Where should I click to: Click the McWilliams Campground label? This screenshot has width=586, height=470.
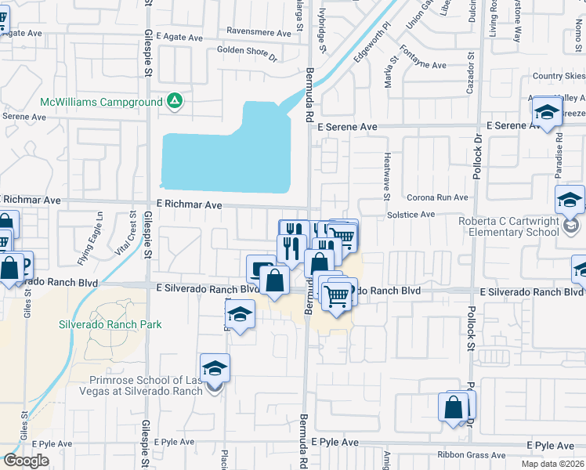click(101, 102)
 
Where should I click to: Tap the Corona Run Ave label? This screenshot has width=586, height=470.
click(436, 198)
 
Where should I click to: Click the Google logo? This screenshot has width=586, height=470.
click(26, 461)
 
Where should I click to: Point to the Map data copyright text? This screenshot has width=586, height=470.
click(553, 464)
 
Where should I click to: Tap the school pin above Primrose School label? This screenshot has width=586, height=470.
click(215, 367)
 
